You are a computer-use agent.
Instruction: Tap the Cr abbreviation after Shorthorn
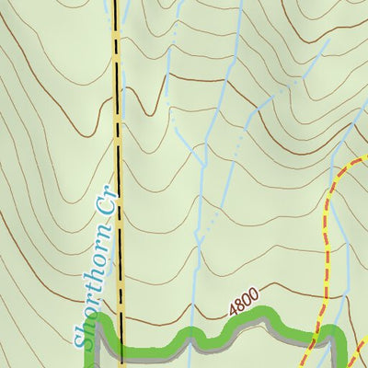[108, 209]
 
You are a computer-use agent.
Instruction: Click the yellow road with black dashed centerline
[118, 138]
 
